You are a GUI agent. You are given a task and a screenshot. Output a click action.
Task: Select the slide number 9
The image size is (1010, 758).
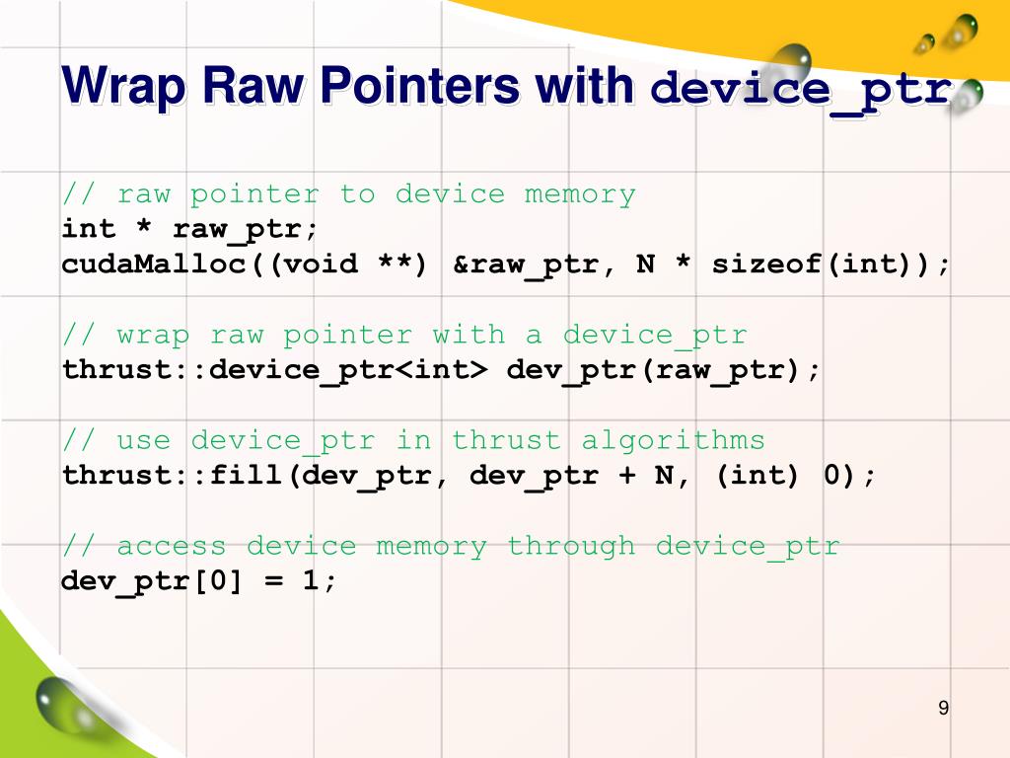click(943, 708)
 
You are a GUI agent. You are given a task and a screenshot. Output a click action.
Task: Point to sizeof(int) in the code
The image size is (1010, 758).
click(823, 265)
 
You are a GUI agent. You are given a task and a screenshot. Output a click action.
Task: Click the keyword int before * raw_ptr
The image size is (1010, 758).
click(89, 229)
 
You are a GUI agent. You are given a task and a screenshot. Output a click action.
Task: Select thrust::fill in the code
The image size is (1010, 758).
click(173, 476)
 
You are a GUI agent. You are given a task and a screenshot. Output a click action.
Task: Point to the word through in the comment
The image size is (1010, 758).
click(571, 546)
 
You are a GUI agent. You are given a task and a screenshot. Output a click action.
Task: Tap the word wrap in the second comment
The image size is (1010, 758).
click(153, 336)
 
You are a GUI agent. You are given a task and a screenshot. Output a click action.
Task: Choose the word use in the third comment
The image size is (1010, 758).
click(144, 440)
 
